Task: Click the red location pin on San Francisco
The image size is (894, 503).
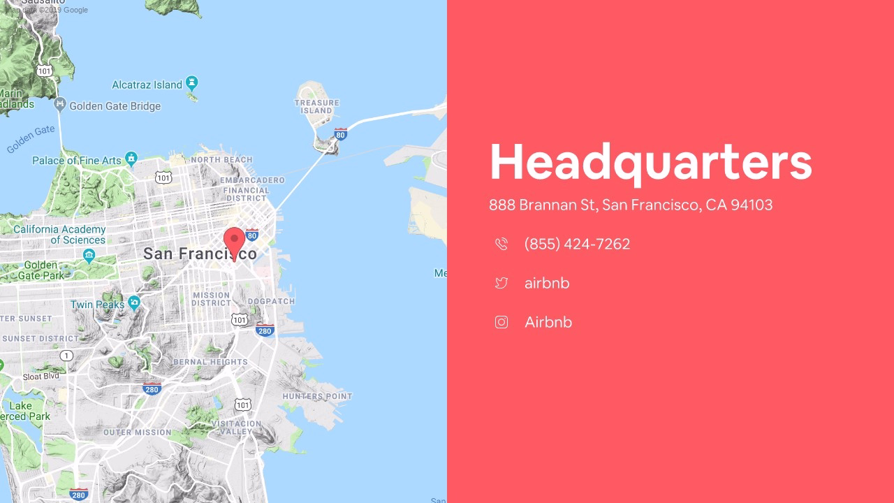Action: click(234, 242)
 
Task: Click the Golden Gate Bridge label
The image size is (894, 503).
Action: click(115, 106)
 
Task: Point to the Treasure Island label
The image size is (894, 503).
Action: click(316, 106)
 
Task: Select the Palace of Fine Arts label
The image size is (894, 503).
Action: click(77, 161)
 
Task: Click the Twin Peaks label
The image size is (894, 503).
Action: click(97, 305)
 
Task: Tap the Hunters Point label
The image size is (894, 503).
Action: click(317, 396)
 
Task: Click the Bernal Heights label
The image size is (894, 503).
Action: click(210, 362)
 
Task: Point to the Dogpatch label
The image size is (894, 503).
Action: click(271, 301)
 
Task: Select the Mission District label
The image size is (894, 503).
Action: click(211, 299)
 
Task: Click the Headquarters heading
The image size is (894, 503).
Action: click(650, 162)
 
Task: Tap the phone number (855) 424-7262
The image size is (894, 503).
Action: click(577, 244)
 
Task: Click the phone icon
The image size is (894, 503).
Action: click(501, 244)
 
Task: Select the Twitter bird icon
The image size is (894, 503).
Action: click(501, 283)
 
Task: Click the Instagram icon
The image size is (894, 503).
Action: click(501, 322)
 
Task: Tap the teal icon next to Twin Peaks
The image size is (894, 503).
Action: click(134, 303)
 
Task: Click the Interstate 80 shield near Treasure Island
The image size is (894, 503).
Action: click(340, 133)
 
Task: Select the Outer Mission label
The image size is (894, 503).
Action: click(137, 432)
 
